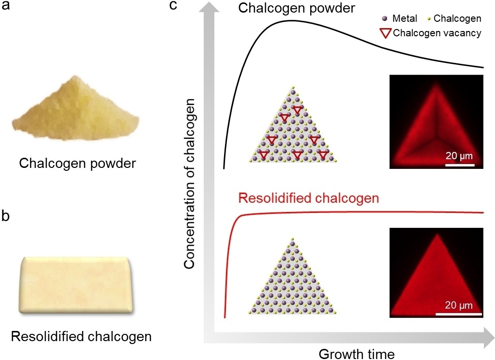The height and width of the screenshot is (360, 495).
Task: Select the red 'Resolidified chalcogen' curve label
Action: (308, 199)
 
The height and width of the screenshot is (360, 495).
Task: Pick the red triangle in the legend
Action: (386, 33)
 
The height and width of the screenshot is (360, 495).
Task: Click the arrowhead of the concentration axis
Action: (209, 8)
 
